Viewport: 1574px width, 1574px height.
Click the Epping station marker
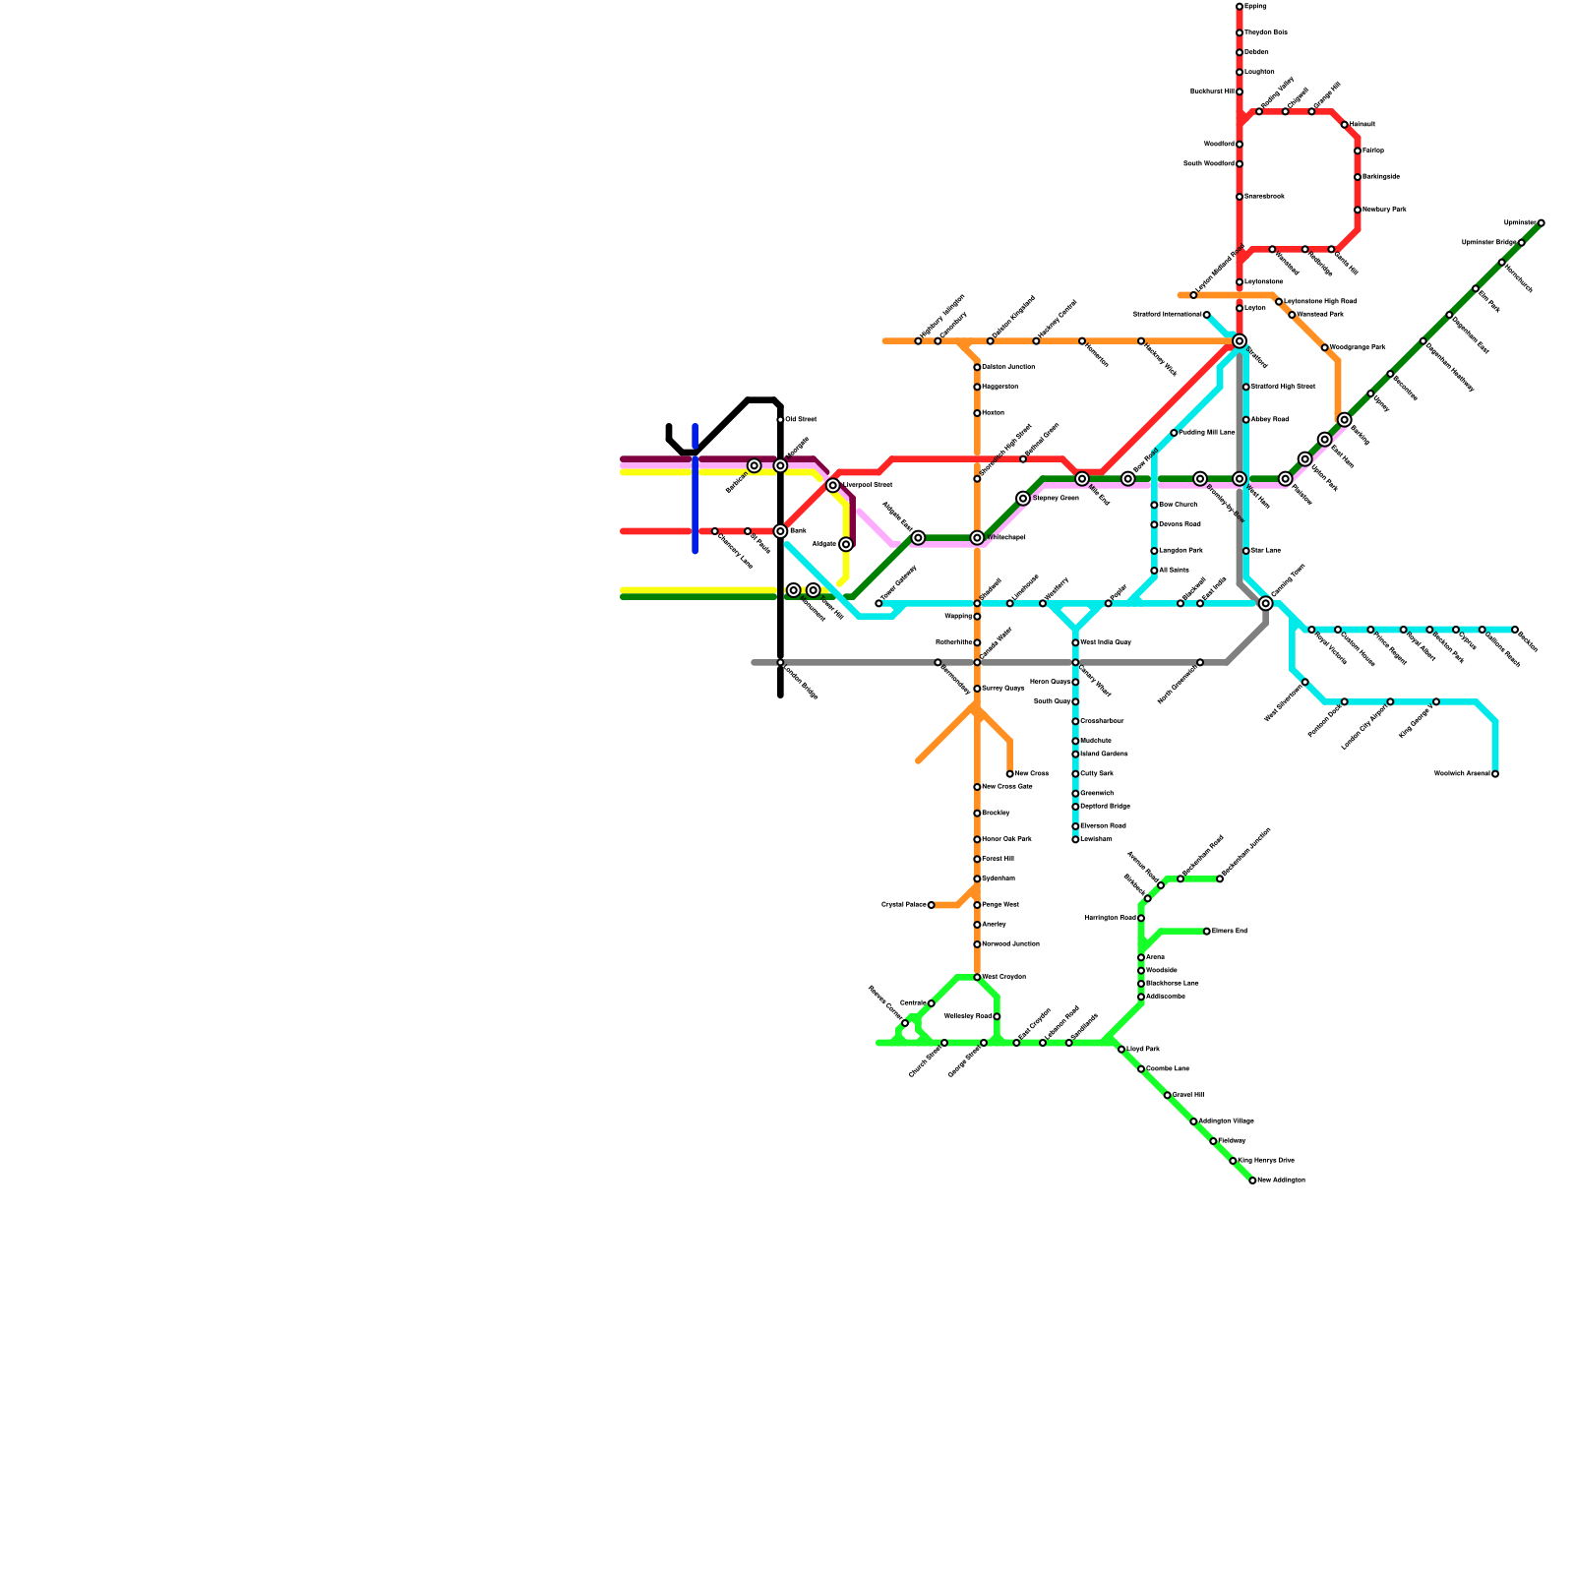click(x=1240, y=7)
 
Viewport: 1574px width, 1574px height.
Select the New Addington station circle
click(x=1252, y=1180)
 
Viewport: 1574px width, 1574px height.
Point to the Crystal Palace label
click(x=903, y=905)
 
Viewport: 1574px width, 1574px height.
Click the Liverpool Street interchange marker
click(x=833, y=486)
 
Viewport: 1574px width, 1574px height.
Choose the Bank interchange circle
click(x=780, y=531)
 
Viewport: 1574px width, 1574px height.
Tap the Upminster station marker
click(x=1541, y=223)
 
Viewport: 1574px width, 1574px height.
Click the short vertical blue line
click(x=695, y=489)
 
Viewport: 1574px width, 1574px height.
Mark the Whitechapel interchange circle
click(x=977, y=538)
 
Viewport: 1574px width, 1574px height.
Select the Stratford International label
click(x=1168, y=315)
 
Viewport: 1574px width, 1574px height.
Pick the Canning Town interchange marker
click(x=1266, y=603)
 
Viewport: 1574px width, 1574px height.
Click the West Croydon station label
click(x=1004, y=977)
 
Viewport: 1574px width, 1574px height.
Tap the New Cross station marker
click(x=1010, y=774)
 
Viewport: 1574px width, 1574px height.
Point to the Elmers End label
click(x=1230, y=931)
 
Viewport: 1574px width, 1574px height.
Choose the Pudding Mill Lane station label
click(x=1207, y=433)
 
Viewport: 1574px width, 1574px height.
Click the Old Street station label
click(x=801, y=420)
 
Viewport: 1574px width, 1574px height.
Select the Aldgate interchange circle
click(x=846, y=545)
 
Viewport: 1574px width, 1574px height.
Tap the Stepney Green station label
click(x=1057, y=499)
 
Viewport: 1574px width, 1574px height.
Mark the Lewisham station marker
click(x=1075, y=839)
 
